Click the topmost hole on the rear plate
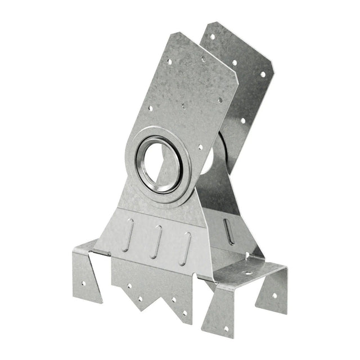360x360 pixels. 212,37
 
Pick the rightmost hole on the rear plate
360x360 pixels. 262,74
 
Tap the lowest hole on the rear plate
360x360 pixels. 242,120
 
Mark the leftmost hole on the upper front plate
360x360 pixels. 150,110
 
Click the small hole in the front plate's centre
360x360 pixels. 183,105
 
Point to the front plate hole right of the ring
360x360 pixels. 200,147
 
